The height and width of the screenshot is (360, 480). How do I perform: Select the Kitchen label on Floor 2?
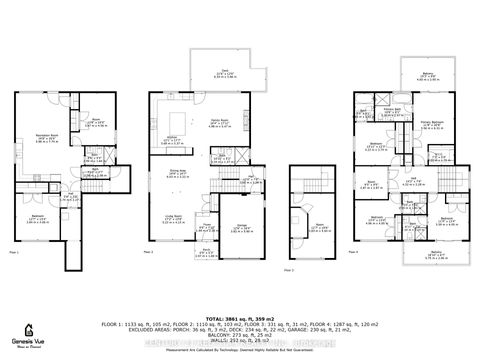[x=171, y=139]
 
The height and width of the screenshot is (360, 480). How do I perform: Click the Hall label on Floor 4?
[x=415, y=180]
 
